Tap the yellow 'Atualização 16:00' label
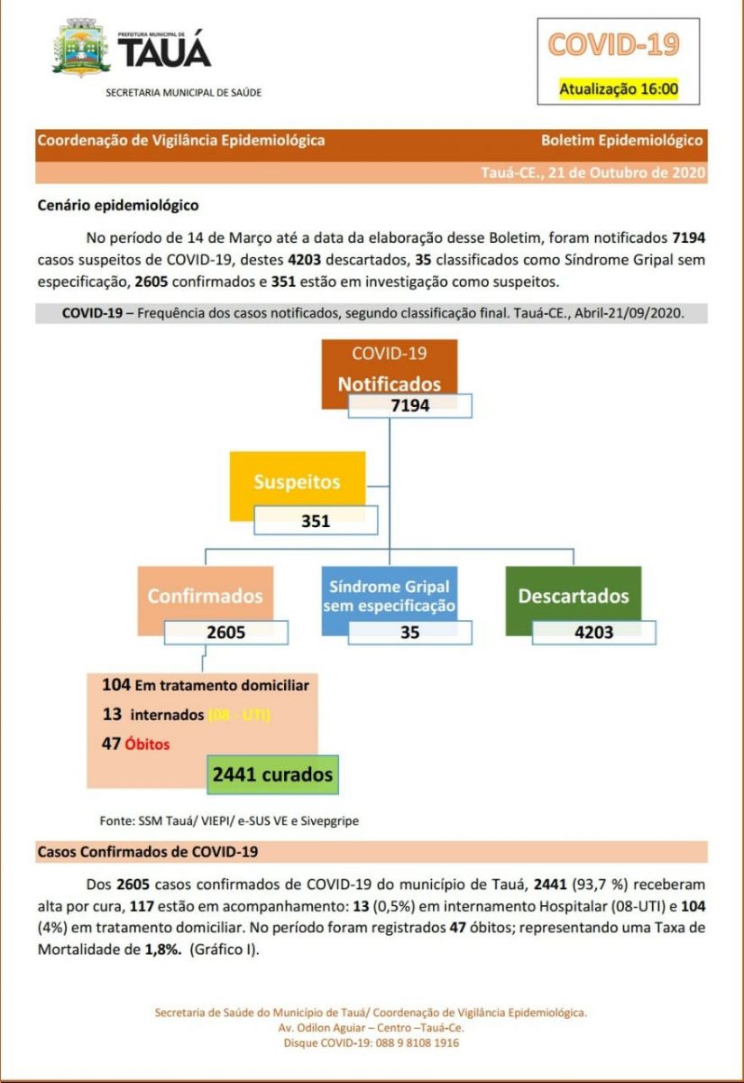coord(618,89)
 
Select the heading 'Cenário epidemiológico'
coord(118,206)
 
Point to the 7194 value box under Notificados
coord(410,405)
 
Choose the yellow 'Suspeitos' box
coord(297,482)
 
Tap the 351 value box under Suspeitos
coord(316,521)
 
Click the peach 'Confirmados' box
coord(205,596)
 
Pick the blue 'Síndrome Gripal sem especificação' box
coord(390,596)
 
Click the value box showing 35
coord(410,632)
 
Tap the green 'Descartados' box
coord(573,596)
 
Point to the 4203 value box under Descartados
coord(593,632)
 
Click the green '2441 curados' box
coord(272,774)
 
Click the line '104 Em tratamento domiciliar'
coord(206,685)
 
